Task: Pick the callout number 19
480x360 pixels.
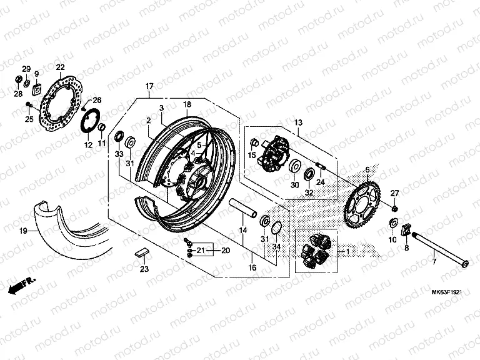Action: click(22, 231)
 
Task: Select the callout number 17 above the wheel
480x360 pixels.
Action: click(149, 86)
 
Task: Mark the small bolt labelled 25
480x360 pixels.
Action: click(29, 104)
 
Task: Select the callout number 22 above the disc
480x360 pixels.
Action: click(60, 67)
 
